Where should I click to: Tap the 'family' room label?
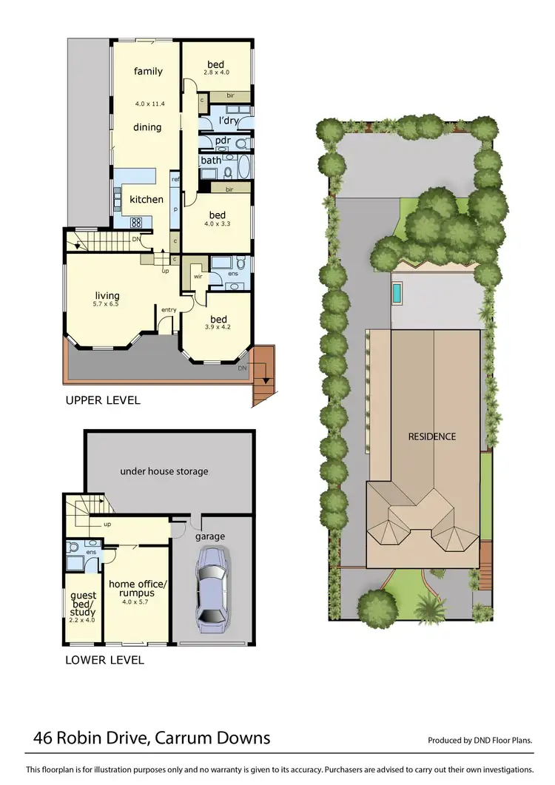click(148, 72)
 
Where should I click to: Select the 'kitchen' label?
click(146, 200)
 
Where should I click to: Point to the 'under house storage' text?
click(164, 471)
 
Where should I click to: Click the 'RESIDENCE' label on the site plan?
click(432, 437)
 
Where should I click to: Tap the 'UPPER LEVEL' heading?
click(103, 401)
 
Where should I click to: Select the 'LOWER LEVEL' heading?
click(104, 660)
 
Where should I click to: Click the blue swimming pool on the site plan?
click(398, 293)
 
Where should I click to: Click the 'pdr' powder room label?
click(223, 141)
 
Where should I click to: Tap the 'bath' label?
click(211, 161)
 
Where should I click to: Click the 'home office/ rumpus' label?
click(138, 589)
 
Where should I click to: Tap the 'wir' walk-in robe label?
click(198, 276)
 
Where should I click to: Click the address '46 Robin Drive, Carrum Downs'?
click(152, 738)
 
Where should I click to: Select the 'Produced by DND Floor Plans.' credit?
click(480, 741)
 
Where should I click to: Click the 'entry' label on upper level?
click(168, 310)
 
